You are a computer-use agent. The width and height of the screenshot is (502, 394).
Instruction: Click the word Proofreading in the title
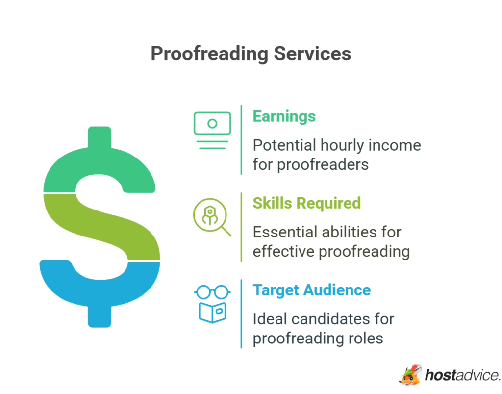pyautogui.click(x=209, y=53)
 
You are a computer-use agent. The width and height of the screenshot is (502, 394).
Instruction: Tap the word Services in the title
pyautogui.click(x=312, y=53)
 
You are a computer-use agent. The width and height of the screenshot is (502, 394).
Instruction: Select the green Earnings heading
pyautogui.click(x=284, y=116)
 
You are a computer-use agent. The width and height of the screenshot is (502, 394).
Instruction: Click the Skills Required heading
pyautogui.click(x=307, y=203)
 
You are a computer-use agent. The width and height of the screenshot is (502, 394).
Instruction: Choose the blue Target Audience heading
pyautogui.click(x=312, y=290)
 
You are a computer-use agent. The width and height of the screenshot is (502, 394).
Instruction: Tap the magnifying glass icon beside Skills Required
pyautogui.click(x=212, y=217)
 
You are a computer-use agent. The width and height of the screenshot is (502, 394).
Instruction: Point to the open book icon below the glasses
pyautogui.click(x=212, y=313)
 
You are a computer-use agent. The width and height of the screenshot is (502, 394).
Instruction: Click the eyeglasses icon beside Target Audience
pyautogui.click(x=212, y=292)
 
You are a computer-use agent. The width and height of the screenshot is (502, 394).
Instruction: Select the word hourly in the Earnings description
pyautogui.click(x=342, y=146)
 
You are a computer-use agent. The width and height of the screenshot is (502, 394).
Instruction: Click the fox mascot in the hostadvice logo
pyautogui.click(x=410, y=374)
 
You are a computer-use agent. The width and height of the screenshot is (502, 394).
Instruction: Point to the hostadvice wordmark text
pyautogui.click(x=463, y=375)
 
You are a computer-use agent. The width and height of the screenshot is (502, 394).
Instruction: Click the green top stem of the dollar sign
pyautogui.click(x=100, y=137)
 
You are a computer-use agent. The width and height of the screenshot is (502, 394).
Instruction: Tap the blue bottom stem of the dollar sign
pyautogui.click(x=100, y=316)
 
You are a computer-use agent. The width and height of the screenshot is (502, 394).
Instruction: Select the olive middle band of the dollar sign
pyautogui.click(x=102, y=227)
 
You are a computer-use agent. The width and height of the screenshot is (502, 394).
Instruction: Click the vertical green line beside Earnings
pyautogui.click(x=241, y=140)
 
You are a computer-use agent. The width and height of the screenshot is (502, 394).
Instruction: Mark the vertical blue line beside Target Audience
pyautogui.click(x=241, y=314)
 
